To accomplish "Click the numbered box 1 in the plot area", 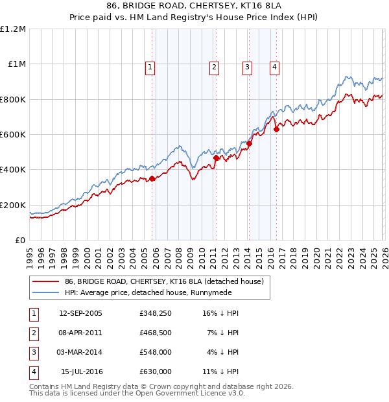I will pos(150,66).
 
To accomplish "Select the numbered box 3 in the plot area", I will pos(248,66).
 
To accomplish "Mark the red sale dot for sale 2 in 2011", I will pos(216,158).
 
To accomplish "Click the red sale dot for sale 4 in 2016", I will pos(276,129).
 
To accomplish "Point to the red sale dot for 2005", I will pos(152,179).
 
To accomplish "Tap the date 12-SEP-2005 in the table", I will pos(80,313).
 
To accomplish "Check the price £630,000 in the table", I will pos(156,372).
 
